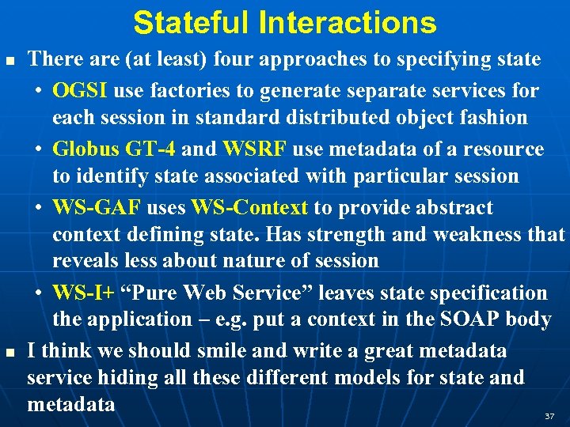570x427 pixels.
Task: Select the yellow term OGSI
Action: pyautogui.click(x=81, y=90)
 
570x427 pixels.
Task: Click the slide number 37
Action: pyautogui.click(x=549, y=415)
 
